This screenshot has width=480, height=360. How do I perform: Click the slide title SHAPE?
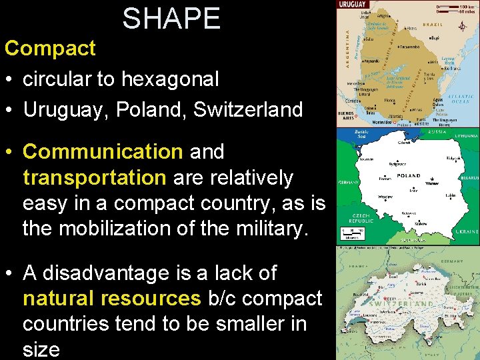[x=171, y=18]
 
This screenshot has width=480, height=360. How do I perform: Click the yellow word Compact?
[x=50, y=48]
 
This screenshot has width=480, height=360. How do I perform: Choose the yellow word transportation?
[x=94, y=177]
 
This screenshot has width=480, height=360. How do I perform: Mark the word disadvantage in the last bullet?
[x=110, y=273]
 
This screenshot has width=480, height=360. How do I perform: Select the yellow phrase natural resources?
[x=111, y=299]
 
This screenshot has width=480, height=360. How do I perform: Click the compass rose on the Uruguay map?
[x=462, y=27]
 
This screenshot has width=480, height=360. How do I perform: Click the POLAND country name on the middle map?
[x=408, y=176]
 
